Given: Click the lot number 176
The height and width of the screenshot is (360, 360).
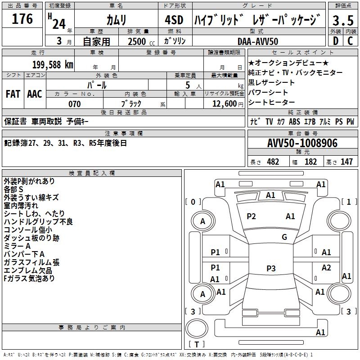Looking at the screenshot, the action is pos(22,19).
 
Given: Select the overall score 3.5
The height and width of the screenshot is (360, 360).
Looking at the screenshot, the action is pos(343,20).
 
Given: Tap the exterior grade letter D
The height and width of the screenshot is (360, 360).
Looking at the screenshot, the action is pos(336,40).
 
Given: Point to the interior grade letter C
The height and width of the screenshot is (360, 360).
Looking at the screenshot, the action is pos(351,40).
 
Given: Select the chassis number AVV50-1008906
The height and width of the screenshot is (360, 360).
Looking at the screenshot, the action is pos(302,143).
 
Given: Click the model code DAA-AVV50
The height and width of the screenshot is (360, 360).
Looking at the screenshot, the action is pos(258,41).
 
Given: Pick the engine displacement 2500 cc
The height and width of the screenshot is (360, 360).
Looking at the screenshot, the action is pos(137,41).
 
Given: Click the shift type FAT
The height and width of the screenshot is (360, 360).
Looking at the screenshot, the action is pos(13,94).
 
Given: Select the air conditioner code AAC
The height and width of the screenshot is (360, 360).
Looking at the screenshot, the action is pos(34,94).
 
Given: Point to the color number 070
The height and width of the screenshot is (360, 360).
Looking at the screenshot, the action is pos(74,104).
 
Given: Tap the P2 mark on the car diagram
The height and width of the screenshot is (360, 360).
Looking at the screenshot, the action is pos(251,216).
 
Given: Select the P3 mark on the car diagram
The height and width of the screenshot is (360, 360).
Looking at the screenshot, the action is pos(270,268).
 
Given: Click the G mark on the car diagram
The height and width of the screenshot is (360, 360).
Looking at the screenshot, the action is pos(284,237).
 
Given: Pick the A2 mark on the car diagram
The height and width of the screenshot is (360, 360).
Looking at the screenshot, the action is pos(326,268).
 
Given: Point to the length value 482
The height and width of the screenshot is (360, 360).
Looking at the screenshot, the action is pos(273,162).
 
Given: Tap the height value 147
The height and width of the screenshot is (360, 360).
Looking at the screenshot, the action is pos(346,162).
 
